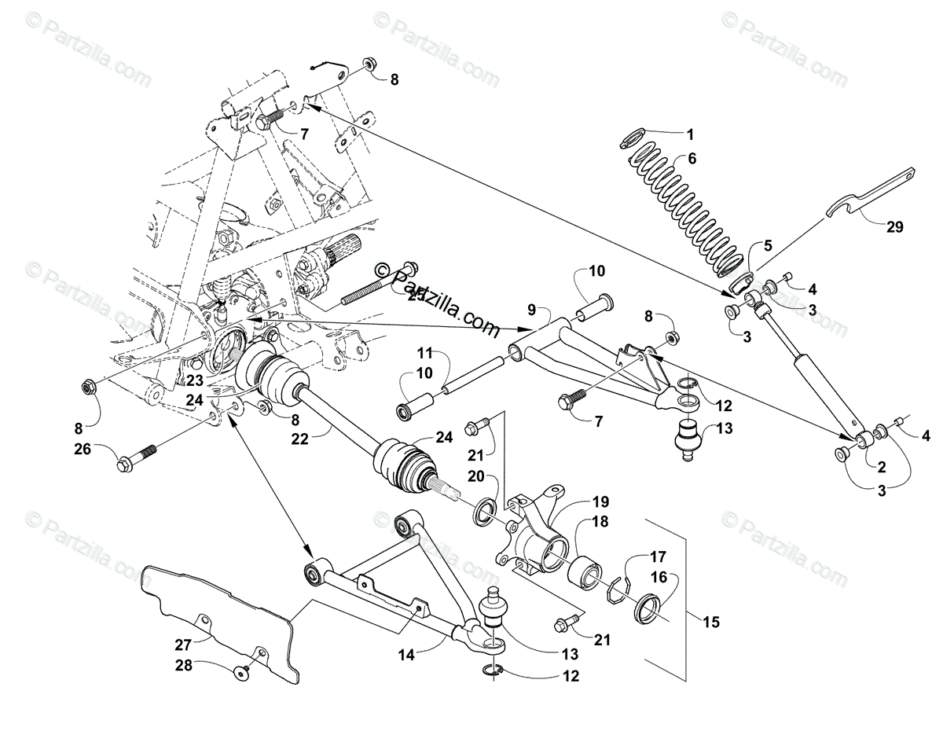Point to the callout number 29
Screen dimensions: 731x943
coord(894,228)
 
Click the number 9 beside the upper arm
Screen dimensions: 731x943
coord(532,309)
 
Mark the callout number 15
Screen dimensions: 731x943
coord(711,623)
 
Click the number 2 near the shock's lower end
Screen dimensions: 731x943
coord(882,468)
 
